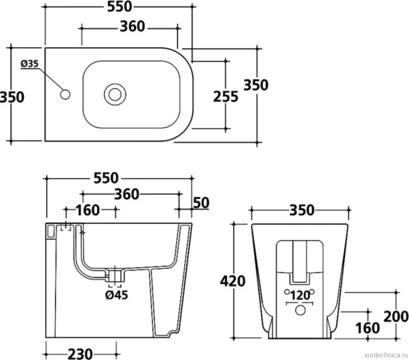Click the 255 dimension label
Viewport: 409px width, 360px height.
point(226,97)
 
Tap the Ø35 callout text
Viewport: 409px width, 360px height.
point(30,64)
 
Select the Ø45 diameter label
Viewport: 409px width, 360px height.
point(117,295)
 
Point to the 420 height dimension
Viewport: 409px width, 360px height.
point(233,281)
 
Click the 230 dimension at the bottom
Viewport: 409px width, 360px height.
point(80,354)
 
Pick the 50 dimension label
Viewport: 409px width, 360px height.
point(201,203)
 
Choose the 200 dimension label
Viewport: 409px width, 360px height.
point(396,317)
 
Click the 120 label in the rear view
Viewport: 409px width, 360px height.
point(300,296)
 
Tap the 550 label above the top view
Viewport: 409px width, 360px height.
point(120,6)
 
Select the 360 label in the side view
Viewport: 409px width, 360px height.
point(127,194)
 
